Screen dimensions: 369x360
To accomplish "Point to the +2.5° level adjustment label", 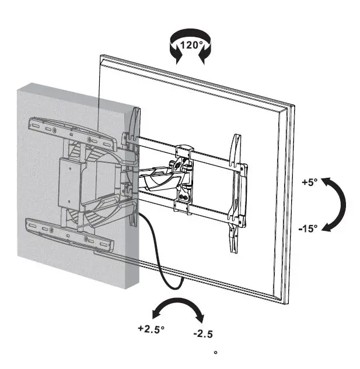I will point(151,328).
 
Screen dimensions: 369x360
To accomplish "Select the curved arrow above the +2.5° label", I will point(174,307).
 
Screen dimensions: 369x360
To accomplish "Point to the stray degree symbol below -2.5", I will point(215,353).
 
